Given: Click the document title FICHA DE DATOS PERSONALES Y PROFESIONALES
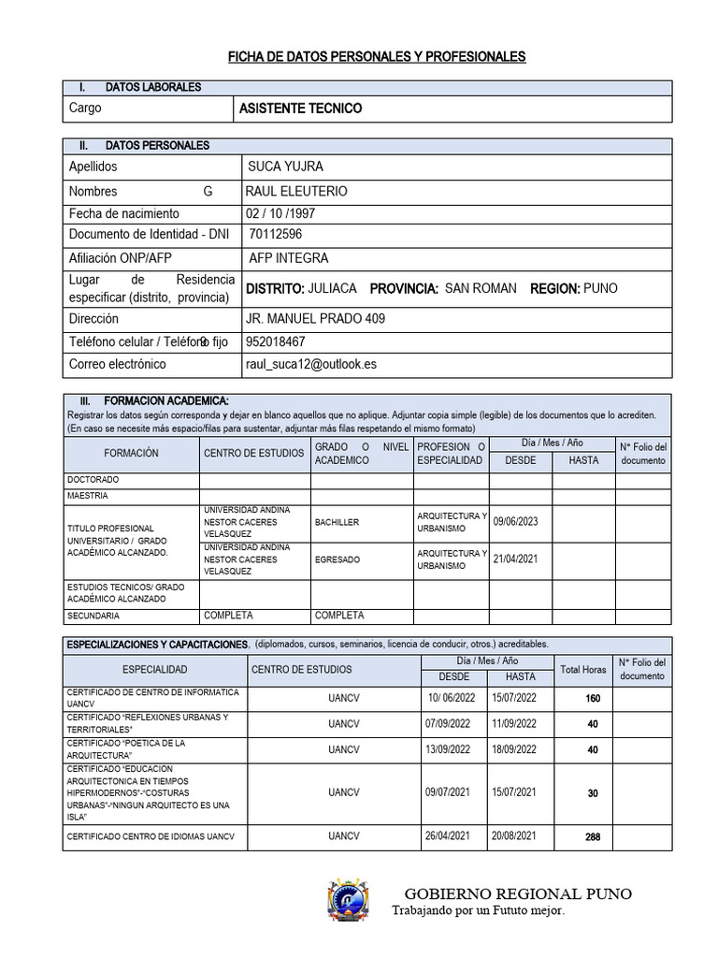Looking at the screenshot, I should (x=378, y=57).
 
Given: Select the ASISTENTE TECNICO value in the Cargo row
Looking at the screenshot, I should (x=300, y=109).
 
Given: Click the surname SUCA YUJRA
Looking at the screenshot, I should (x=285, y=167).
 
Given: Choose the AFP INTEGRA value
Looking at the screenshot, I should (x=288, y=258).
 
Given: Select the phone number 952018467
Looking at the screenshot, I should (x=275, y=341).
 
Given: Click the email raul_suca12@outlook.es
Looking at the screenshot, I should (x=311, y=364).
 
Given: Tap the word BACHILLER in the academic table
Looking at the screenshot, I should (x=337, y=522).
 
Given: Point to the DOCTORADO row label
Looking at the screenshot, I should (x=93, y=479).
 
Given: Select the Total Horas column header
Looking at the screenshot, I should (x=582, y=670).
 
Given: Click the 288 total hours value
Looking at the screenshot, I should (x=592, y=836).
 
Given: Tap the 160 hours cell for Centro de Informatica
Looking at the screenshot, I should (x=592, y=699).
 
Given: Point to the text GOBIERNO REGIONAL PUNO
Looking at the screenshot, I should (x=517, y=893).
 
